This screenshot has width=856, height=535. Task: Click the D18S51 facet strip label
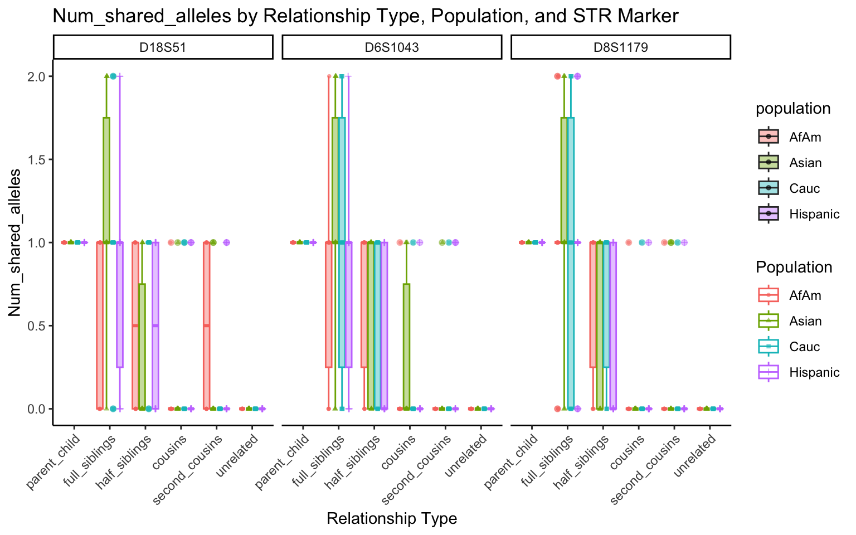pos(163,47)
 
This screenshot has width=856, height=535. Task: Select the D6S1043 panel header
pos(392,47)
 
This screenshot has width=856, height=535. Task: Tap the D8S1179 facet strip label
pos(620,47)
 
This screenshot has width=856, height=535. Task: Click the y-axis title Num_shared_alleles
pos(15,242)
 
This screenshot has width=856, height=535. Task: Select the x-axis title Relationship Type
pos(392,519)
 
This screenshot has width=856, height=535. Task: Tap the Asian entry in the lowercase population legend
pos(805,163)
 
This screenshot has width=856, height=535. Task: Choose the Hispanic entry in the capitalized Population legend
pos(814,372)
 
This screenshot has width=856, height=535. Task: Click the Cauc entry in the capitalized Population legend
pos(805,347)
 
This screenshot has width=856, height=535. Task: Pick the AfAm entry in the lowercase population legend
pos(805,137)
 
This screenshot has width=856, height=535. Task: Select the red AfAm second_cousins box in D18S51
pos(207,325)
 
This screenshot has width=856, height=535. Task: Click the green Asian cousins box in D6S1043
pos(407,346)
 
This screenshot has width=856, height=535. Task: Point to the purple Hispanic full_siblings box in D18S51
pos(120,304)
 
